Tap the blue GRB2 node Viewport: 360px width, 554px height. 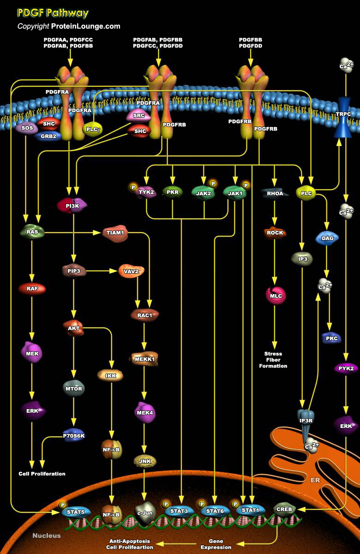click(48, 136)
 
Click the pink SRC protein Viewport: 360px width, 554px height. click(139, 115)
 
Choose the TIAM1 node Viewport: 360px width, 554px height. click(115, 233)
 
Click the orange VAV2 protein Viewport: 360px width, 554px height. click(131, 271)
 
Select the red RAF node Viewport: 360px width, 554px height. click(32, 289)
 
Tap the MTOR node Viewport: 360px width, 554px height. click(73, 388)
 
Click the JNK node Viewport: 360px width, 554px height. click(145, 461)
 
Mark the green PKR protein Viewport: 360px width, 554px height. click(172, 192)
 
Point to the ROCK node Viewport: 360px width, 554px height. click(275, 233)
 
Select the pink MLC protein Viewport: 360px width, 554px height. click(276, 295)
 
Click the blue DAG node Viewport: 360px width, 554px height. click(327, 238)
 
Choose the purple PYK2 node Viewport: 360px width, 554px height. click(346, 368)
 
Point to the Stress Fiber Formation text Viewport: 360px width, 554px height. click(273, 360)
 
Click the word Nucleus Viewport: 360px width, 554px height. click(46, 536)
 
